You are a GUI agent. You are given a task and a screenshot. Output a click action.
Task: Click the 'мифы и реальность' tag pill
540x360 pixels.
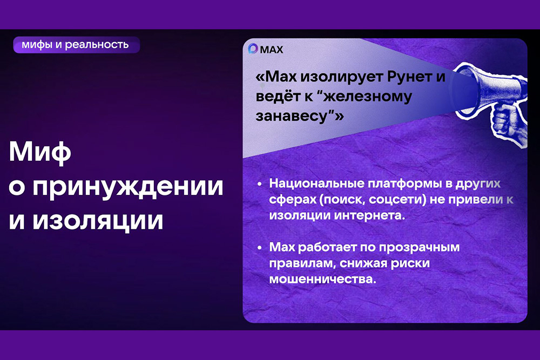click(77, 45)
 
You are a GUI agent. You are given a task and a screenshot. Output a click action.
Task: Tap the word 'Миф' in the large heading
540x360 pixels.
click(40, 152)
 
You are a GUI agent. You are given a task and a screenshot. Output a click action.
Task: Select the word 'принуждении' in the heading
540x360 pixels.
click(128, 188)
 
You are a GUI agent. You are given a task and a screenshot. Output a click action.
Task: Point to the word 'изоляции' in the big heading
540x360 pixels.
click(98, 221)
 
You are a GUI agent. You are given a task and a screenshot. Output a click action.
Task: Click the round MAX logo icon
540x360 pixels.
click(253, 49)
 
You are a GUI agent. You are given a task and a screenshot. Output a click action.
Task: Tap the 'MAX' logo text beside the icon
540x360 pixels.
click(272, 50)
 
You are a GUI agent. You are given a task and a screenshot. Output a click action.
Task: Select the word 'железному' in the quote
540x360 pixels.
click(368, 97)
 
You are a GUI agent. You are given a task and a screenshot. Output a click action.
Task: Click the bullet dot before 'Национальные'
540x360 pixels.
click(260, 184)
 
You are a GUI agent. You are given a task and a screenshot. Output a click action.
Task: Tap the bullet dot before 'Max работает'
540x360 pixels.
click(260, 248)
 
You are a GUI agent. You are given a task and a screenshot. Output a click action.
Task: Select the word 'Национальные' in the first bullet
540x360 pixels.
click(317, 184)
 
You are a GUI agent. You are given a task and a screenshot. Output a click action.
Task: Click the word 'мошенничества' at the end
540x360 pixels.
click(323, 279)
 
